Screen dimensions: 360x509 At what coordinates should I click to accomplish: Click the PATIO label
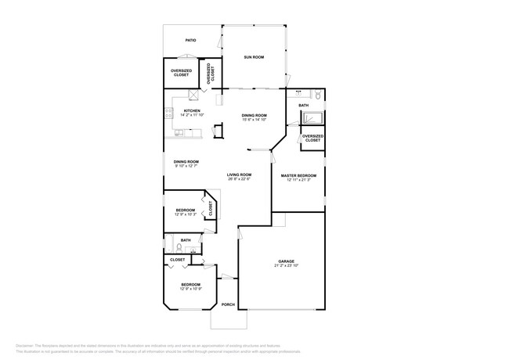pos(190,40)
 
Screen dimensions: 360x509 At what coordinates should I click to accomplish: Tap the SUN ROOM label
pos(253,57)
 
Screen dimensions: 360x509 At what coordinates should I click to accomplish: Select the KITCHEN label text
pos(192,110)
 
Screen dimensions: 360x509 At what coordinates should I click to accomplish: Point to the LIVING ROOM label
pos(239,175)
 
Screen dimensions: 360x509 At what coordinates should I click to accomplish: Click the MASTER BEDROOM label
pos(298,175)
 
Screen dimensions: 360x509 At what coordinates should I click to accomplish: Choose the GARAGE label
pos(286,261)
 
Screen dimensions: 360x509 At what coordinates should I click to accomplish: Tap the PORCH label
pos(228,304)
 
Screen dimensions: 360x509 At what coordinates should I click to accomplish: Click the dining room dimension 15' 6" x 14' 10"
pos(254,120)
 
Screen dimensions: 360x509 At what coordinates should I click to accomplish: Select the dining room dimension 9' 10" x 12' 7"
pos(186,166)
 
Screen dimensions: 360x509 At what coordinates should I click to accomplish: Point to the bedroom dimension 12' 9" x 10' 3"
pos(185,214)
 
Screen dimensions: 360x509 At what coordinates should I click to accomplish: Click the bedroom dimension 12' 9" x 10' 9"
pos(191,289)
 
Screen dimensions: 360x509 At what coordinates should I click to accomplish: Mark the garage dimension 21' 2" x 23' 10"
pos(286,265)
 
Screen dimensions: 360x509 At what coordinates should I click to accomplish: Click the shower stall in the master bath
pos(313,118)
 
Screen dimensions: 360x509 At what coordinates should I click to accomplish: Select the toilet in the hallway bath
pos(179,247)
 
